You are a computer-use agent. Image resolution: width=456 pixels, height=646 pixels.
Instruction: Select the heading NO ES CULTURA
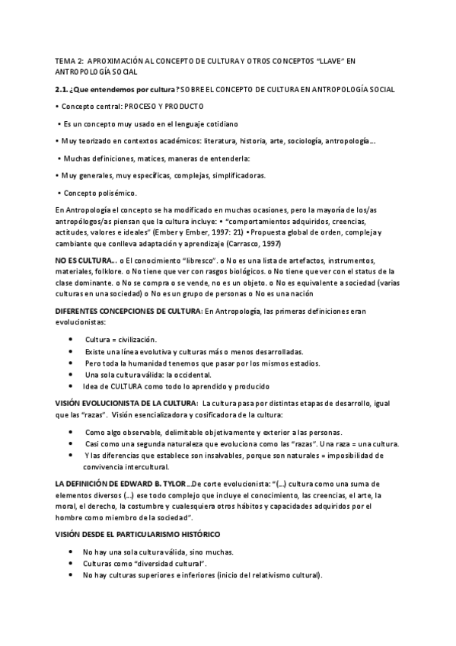click(x=84, y=261)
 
